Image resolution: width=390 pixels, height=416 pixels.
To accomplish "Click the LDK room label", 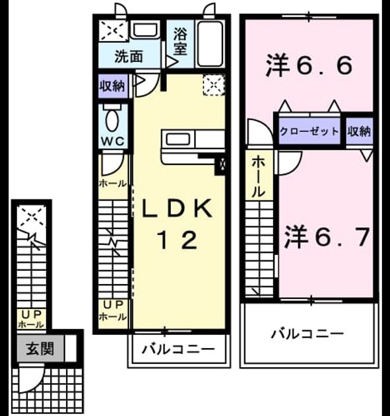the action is click(178, 208).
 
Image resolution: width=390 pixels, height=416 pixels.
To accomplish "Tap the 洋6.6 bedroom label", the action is click(309, 65).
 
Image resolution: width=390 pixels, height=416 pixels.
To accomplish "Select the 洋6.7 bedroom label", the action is click(327, 237).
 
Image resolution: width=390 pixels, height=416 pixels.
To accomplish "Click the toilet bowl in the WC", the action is click(112, 120).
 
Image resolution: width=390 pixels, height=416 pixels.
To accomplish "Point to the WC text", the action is click(113, 141).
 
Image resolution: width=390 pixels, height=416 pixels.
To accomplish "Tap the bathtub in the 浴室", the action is click(209, 44).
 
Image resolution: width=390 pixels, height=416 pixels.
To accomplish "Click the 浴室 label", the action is click(180, 42).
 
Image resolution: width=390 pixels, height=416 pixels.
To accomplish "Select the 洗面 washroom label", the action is click(129, 57).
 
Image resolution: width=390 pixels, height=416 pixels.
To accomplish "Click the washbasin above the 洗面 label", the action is click(145, 30).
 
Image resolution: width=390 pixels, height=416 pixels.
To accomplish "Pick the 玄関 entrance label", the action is click(40, 349).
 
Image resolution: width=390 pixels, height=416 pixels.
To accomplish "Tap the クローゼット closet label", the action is click(309, 131).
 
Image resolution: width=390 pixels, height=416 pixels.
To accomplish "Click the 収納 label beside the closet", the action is click(359, 131).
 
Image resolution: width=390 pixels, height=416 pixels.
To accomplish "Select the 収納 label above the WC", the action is click(112, 86).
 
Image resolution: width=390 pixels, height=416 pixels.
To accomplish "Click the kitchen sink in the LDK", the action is click(178, 139).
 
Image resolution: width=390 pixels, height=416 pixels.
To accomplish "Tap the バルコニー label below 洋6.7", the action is click(308, 333).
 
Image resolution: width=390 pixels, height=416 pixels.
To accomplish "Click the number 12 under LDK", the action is click(178, 240).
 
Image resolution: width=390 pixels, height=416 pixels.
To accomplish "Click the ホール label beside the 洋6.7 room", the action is click(258, 177).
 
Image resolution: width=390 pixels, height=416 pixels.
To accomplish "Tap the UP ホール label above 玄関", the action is click(32, 320).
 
